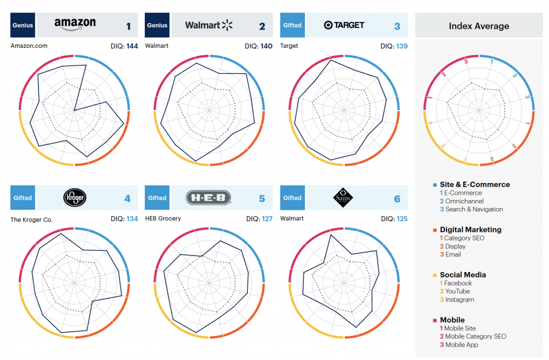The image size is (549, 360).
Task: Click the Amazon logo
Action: point(75,25)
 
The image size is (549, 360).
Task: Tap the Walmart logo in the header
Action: point(209,25)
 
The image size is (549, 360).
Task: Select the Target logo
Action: point(344,25)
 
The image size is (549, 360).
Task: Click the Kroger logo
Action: point(74,197)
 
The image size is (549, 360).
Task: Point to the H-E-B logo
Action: point(209,198)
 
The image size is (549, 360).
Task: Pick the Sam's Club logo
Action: point(343,197)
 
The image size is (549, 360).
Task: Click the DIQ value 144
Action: point(132,46)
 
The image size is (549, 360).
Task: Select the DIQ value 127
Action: point(266,218)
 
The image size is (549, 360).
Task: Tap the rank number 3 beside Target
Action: point(397,26)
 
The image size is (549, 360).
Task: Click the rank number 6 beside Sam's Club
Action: point(397,199)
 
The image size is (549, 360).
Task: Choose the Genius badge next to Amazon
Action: point(23,25)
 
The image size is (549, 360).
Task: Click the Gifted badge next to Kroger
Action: point(23,198)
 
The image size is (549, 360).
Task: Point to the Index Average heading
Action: point(479,26)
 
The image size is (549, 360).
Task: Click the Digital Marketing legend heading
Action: point(470,230)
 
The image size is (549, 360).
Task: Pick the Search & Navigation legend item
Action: point(473,209)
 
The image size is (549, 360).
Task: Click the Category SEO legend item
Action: point(464,238)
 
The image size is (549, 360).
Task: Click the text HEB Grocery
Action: point(163,218)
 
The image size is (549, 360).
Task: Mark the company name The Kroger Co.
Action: point(32,219)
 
